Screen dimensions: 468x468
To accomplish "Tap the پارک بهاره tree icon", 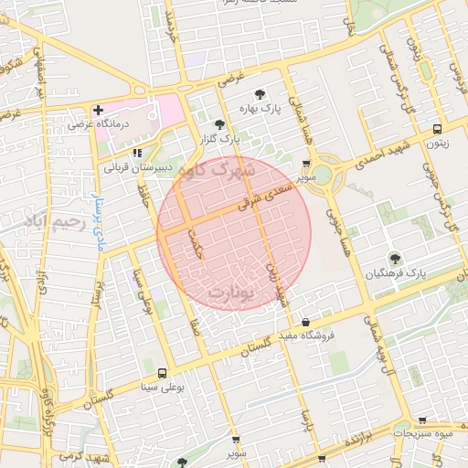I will (x=260, y=94).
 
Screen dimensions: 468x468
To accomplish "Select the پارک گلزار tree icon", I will (x=218, y=124).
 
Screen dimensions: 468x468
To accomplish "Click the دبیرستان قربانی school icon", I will (x=137, y=153).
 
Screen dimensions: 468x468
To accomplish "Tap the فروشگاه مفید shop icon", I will (x=305, y=322).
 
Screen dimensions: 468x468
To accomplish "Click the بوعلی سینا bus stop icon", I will (x=163, y=373).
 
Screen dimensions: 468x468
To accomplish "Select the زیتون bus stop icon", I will (x=437, y=129).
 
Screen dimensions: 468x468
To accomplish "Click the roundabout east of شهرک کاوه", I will (x=323, y=174).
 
